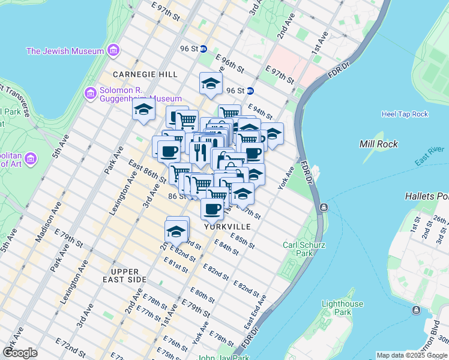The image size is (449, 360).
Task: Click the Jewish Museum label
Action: coord(65,51)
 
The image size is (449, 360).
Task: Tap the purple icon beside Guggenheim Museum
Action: coord(91,94)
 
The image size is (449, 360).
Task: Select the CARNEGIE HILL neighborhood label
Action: coord(146,74)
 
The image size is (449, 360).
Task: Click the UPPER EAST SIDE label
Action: coord(125,276)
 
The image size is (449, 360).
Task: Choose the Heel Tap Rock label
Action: coord(405,114)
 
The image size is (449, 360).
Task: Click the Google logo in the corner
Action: coord(20,352)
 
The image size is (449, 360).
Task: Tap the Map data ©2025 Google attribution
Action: coord(412,355)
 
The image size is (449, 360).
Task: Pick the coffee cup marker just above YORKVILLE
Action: coord(212,209)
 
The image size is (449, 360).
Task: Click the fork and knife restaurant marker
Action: coord(200,152)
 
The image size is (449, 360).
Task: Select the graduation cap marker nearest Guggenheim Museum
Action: coord(143,110)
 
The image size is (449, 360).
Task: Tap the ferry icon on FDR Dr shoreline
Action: coord(324,208)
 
